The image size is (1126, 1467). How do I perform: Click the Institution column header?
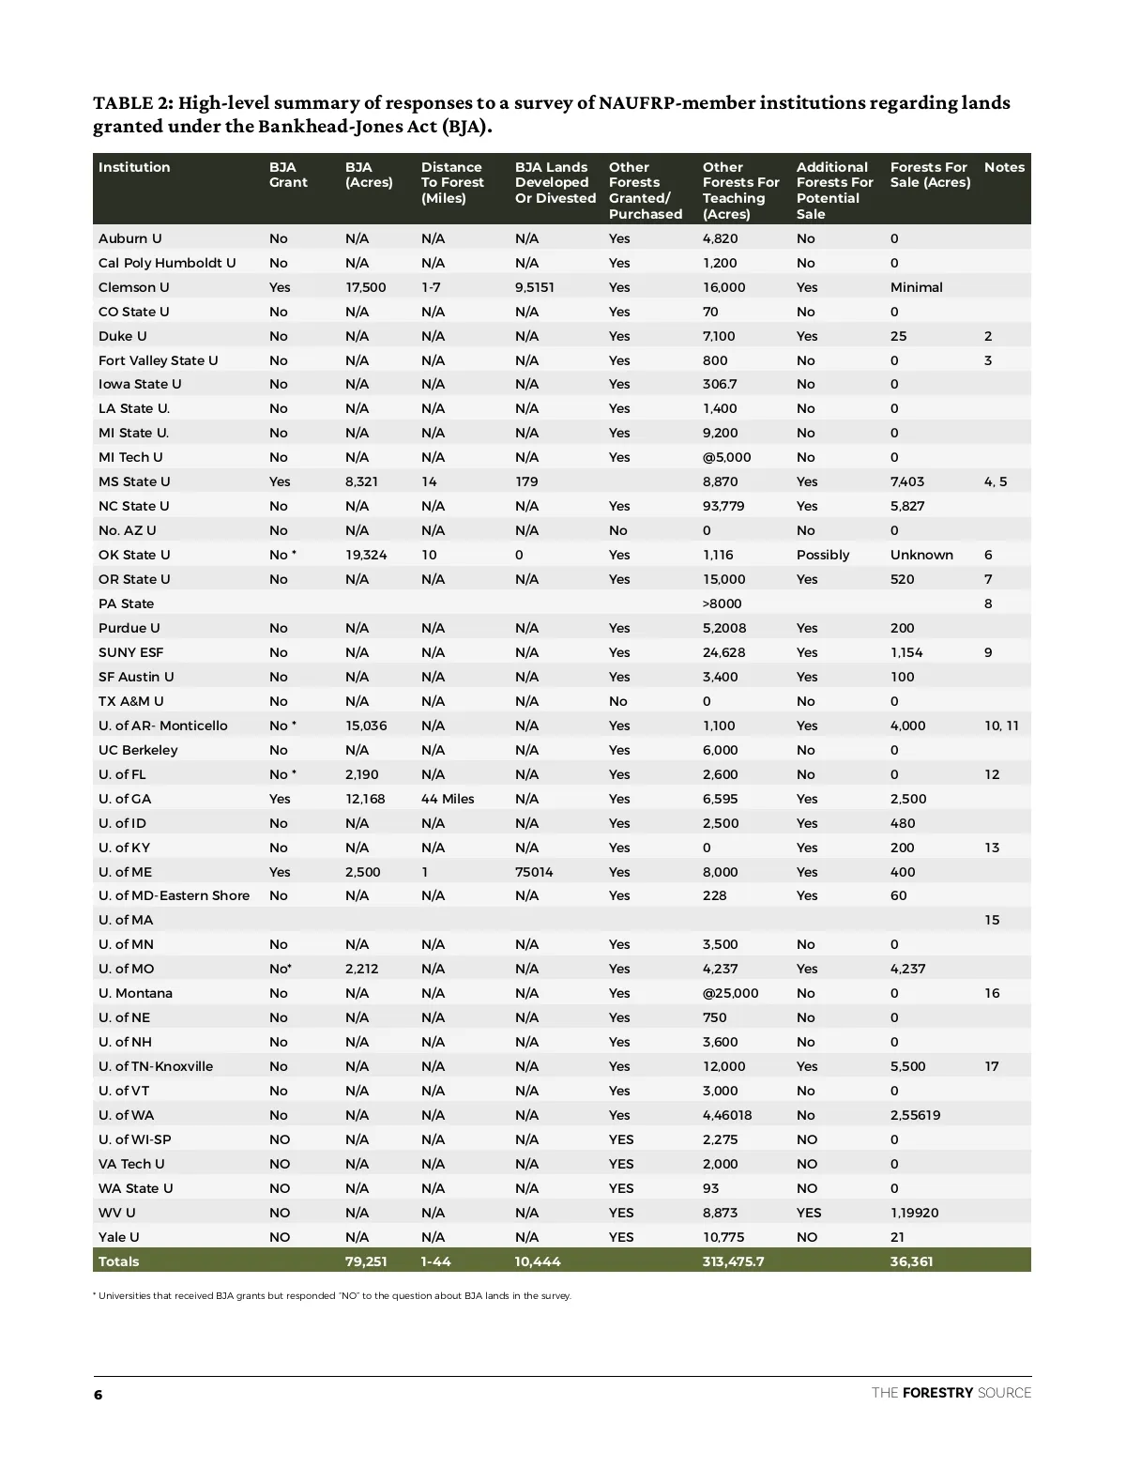(134, 167)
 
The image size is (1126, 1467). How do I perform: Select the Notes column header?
(1004, 167)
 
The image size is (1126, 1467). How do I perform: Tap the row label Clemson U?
(134, 287)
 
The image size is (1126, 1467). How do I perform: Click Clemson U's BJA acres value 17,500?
(366, 287)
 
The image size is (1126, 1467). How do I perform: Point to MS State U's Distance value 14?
(429, 481)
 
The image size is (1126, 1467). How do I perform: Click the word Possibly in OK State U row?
(823, 555)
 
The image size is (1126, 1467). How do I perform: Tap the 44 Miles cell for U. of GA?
(448, 799)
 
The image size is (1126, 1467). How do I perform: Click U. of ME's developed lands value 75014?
(534, 872)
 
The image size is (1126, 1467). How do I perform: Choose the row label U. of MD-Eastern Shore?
(174, 895)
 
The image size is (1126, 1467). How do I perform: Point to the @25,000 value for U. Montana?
(730, 993)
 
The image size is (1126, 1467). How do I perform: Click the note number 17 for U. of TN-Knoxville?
(992, 1066)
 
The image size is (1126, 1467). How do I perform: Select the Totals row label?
(118, 1261)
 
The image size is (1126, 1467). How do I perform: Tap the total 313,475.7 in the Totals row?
(733, 1261)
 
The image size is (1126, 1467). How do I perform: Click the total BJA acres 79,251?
(366, 1261)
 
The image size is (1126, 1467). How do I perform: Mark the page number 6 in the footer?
(98, 1395)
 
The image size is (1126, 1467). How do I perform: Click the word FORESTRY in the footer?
(936, 1393)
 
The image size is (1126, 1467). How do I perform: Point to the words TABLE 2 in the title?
(130, 102)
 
